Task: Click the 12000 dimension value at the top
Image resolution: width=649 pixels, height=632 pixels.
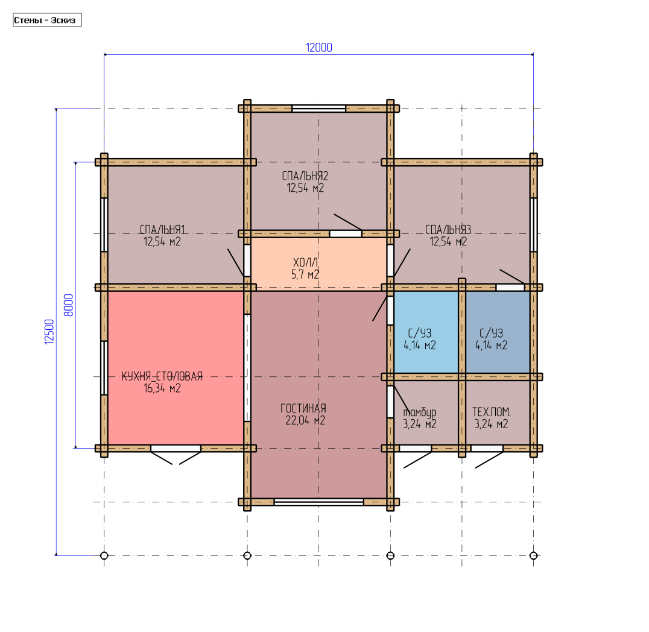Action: pyautogui.click(x=318, y=48)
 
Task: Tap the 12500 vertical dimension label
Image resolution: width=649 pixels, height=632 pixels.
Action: pyautogui.click(x=49, y=332)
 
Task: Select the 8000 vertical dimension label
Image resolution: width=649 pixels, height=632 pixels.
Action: pyautogui.click(x=69, y=305)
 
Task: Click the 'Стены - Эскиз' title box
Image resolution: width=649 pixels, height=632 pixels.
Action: pyautogui.click(x=47, y=20)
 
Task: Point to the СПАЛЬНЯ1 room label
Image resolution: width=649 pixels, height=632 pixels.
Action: pyautogui.click(x=162, y=229)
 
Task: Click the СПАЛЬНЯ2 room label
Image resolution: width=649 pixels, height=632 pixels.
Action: pyautogui.click(x=305, y=176)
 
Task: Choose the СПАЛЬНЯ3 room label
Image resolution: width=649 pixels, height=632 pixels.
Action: pyautogui.click(x=448, y=229)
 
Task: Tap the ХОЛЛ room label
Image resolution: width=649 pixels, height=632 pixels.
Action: pyautogui.click(x=305, y=262)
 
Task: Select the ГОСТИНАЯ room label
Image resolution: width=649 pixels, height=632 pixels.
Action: pyautogui.click(x=303, y=408)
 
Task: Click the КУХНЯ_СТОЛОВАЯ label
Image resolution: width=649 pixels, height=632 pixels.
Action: pyautogui.click(x=162, y=376)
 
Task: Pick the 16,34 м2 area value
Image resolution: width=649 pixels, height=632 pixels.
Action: pyautogui.click(x=162, y=388)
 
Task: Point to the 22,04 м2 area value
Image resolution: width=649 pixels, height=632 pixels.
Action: pyautogui.click(x=305, y=420)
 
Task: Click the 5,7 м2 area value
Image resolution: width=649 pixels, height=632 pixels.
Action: pyautogui.click(x=305, y=274)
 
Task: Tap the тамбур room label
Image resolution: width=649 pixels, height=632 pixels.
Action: pyautogui.click(x=420, y=412)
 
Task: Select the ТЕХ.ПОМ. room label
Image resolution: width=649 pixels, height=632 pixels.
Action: pyautogui.click(x=492, y=412)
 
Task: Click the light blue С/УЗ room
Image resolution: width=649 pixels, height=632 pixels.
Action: pyautogui.click(x=426, y=332)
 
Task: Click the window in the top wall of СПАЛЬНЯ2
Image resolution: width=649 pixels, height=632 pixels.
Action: pyautogui.click(x=318, y=109)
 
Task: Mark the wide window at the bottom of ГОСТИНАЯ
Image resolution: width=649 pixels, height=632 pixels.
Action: pyautogui.click(x=318, y=502)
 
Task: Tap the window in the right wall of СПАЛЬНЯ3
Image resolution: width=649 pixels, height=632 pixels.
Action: pyautogui.click(x=534, y=225)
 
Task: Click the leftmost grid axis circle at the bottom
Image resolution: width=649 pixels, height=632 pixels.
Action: pyautogui.click(x=104, y=555)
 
